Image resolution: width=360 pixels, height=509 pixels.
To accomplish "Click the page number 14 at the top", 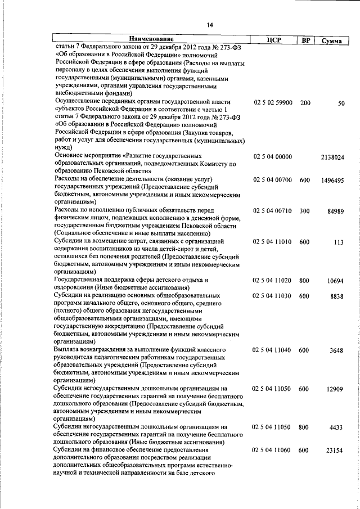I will pos(209,25).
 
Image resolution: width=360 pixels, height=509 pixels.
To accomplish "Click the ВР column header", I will pos(304,40).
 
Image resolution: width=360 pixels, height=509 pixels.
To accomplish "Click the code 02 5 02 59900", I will pos(273,103).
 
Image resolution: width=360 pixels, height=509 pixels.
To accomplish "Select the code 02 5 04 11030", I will pos(273,296).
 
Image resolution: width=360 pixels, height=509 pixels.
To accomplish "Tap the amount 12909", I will pos(336,389).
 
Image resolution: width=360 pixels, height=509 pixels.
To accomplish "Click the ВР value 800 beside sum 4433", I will pos(304,427).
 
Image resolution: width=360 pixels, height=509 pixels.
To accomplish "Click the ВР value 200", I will pos(305,103).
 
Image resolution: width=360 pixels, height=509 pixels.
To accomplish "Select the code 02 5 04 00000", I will pos(273,157).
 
